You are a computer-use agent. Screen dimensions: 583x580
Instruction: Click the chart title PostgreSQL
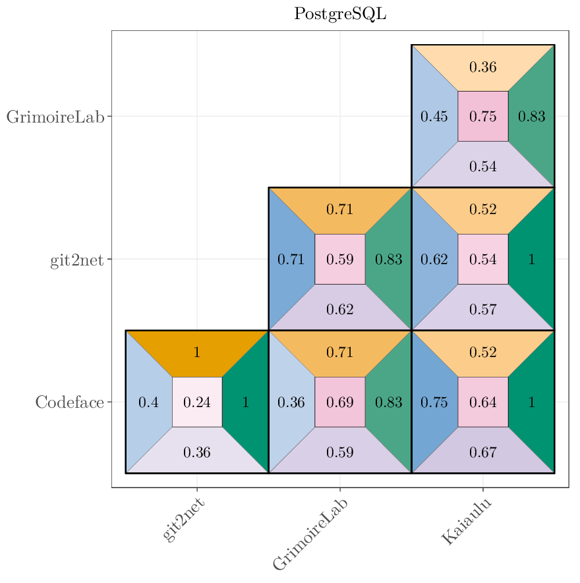(340, 14)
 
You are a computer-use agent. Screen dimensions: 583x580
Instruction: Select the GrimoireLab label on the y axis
(55, 117)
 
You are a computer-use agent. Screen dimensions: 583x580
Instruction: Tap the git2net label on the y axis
(76, 260)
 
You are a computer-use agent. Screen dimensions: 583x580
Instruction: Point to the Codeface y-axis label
(69, 403)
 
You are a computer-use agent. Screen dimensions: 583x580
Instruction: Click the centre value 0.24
(197, 403)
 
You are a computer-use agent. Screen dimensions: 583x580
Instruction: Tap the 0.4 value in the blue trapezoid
(148, 403)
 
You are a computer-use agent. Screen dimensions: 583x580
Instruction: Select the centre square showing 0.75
(483, 117)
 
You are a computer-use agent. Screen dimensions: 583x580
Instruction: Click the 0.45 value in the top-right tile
(434, 117)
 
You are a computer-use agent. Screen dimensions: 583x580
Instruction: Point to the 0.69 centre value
(340, 403)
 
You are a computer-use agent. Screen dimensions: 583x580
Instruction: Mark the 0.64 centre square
(483, 403)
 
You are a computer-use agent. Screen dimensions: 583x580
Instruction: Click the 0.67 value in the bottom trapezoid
(483, 453)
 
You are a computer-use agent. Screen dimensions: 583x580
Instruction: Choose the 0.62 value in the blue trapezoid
(434, 260)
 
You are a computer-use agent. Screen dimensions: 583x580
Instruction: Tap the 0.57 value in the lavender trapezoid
(483, 310)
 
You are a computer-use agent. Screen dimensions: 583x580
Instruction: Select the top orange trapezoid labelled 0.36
(483, 67)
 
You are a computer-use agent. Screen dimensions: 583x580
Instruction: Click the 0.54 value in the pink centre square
(483, 260)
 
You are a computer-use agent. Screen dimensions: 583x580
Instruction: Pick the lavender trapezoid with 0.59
(340, 453)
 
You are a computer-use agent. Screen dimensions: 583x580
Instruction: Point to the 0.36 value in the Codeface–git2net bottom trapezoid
(197, 453)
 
